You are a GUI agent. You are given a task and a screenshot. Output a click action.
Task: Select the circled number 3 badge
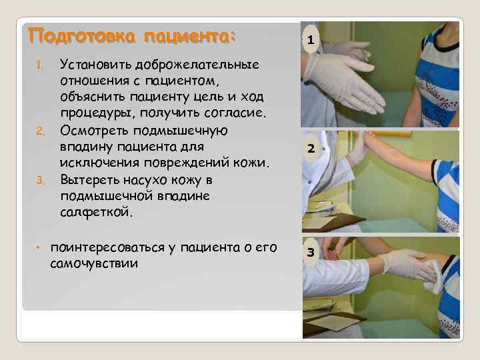[x=311, y=252]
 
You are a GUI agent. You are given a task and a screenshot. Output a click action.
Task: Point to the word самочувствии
[x=94, y=263]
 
